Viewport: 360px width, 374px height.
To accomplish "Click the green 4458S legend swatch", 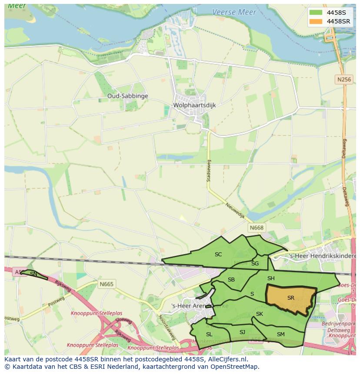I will pos(316,13).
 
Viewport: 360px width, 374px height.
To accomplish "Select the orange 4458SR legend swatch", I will pos(316,21).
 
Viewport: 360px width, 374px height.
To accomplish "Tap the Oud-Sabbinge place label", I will pos(128,96).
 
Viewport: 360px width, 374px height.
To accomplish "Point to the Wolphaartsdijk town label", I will pos(194,106).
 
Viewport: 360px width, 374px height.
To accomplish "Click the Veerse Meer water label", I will pos(234,12).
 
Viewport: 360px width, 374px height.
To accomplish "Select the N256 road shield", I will pos(344,79).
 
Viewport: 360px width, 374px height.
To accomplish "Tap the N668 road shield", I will pos(257,228).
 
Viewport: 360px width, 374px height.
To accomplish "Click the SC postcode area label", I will pos(218,255).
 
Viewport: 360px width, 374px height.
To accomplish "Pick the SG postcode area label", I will pos(255,264).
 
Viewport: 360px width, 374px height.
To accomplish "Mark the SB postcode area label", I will pos(231,280).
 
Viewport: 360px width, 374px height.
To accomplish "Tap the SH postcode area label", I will pos(271,278).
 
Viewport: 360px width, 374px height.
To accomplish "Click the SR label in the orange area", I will pos(291,298).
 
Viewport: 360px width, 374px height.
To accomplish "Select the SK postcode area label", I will pos(260,314).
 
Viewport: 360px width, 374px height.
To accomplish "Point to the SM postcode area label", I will pos(280,334).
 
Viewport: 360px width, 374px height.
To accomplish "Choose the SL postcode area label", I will pos(209,334).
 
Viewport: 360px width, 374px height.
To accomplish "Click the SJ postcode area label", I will pos(242,332).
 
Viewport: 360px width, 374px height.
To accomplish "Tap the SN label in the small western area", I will pos(33,274).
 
